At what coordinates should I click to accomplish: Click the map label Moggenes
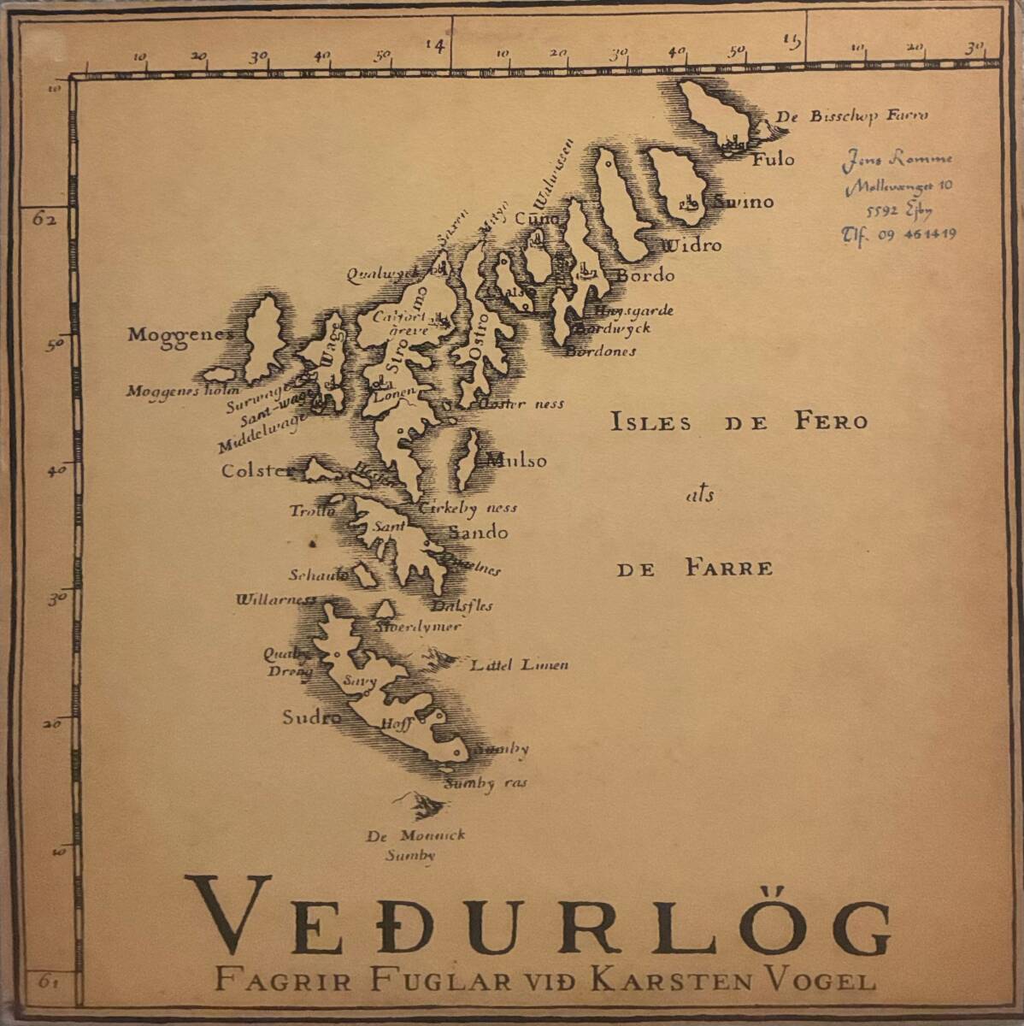click(179, 334)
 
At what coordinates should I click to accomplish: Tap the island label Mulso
click(516, 461)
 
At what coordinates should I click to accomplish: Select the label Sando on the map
click(478, 533)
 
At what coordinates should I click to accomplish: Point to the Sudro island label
click(312, 717)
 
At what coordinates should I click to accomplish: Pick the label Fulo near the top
click(773, 159)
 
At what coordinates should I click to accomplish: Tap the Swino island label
click(743, 202)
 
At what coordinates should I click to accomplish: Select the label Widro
click(691, 245)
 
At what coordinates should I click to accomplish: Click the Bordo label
click(645, 275)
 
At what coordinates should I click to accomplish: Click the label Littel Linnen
click(519, 664)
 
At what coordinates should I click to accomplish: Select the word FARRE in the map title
click(728, 569)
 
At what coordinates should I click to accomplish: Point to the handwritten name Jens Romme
click(897, 158)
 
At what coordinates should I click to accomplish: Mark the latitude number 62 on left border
click(44, 219)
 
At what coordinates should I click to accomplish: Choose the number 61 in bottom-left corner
click(48, 982)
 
